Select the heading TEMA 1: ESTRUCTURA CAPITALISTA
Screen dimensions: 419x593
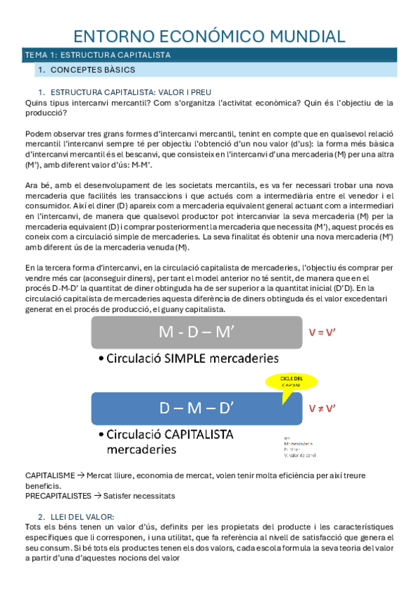point(98,55)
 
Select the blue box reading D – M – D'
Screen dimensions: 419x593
point(196,407)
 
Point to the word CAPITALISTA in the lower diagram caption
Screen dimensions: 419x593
point(194,434)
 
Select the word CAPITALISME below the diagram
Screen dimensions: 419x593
point(50,476)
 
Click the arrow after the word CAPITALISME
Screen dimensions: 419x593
point(81,476)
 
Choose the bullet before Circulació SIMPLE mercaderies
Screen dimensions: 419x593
point(102,359)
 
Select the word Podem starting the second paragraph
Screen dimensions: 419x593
point(36,133)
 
